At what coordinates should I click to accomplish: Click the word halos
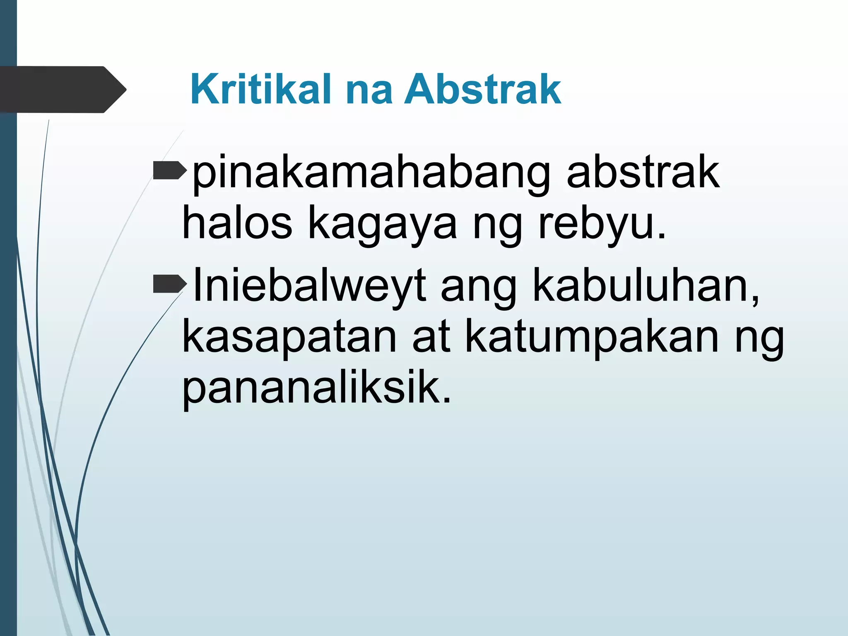(237, 224)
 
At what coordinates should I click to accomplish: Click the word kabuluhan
(646, 286)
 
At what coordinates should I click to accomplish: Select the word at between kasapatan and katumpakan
(431, 337)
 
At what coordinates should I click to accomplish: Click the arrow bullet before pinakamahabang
(169, 171)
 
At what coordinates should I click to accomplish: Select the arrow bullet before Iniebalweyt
(169, 284)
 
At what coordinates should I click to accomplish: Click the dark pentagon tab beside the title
(62, 89)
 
